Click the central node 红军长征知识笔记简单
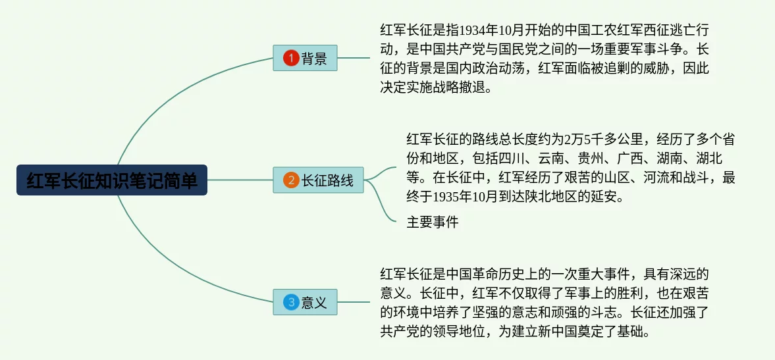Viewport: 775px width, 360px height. [112, 180]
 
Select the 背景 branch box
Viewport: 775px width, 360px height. [305, 58]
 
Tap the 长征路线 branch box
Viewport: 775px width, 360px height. [318, 180]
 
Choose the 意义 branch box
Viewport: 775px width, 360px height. [305, 301]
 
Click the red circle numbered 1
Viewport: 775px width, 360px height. [291, 59]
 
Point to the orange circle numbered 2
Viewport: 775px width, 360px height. [291, 180]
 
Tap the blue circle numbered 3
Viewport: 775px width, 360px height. [291, 302]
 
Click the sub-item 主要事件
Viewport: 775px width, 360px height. [433, 222]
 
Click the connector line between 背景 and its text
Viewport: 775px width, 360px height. [354, 58]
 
